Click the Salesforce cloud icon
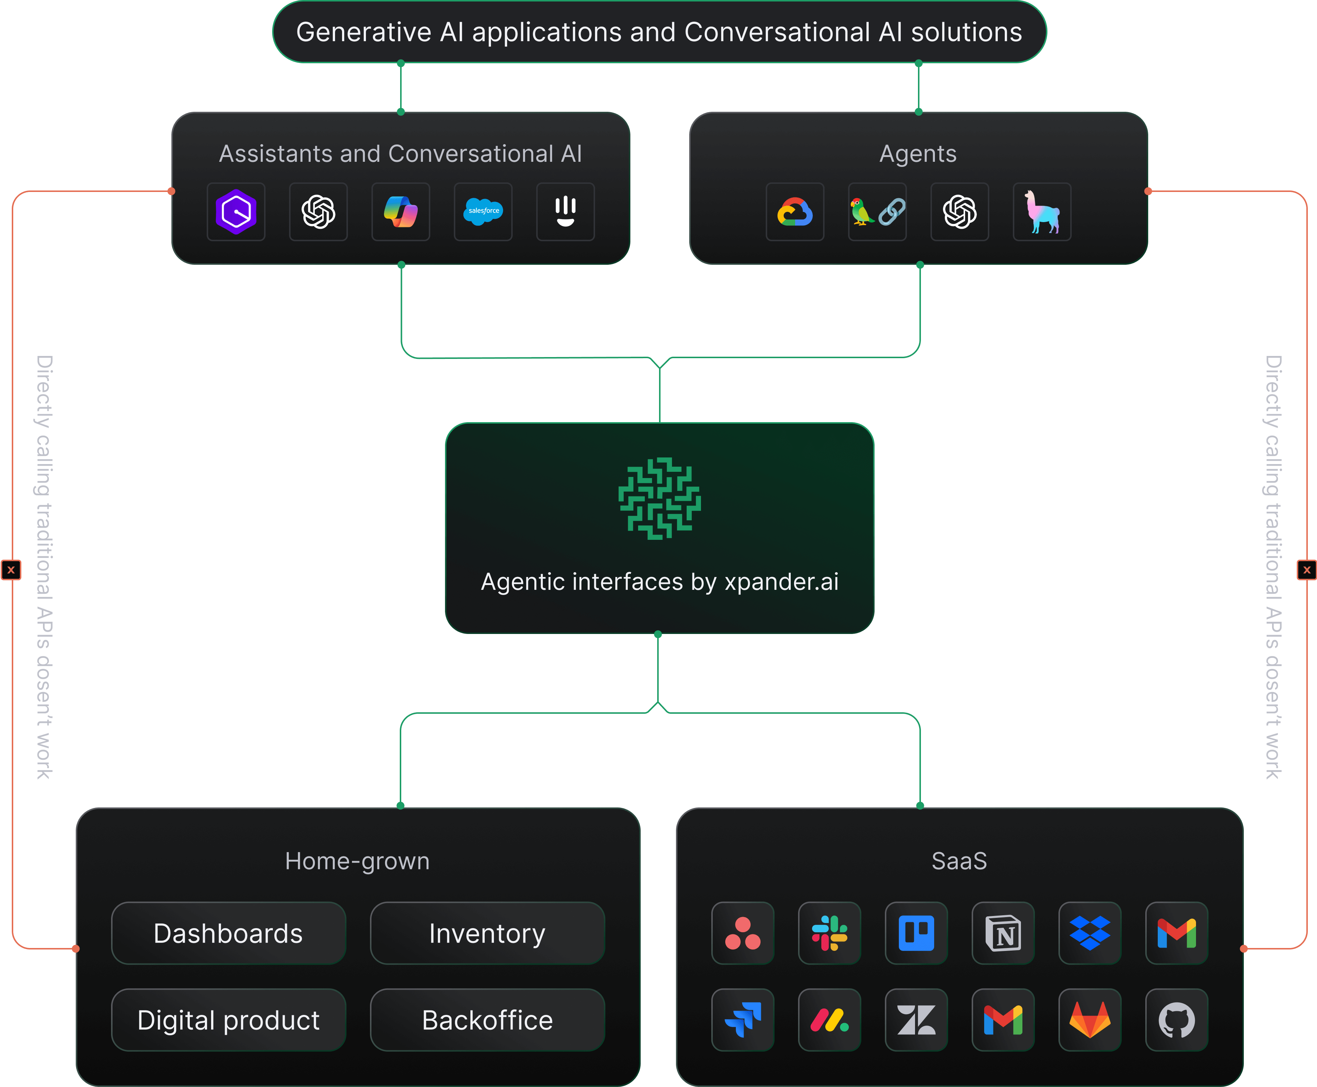coord(483,212)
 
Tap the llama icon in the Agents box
coord(1042,212)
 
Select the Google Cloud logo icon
coord(795,212)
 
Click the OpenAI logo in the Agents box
coord(960,212)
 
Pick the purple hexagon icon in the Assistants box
coord(236,212)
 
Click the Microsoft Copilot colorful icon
coord(401,212)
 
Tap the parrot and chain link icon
coord(877,212)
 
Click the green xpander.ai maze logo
coord(659,498)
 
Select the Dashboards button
coord(229,933)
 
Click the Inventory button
coord(487,933)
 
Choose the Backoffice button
coord(487,1020)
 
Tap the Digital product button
coord(229,1020)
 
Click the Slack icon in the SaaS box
coord(829,933)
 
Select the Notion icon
coord(1003,933)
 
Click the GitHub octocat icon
coord(1176,1020)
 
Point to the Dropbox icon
coord(1090,933)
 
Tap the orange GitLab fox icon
coord(1090,1020)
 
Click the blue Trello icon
coord(916,933)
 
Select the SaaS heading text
coord(959,861)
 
